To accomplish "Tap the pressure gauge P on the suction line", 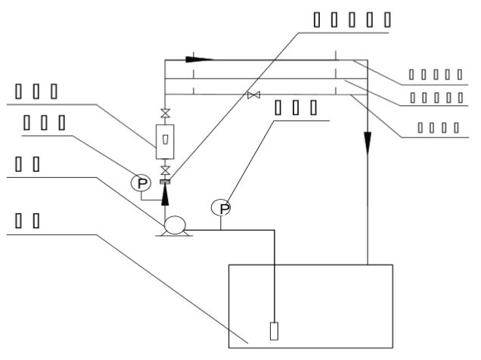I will pos(220,206).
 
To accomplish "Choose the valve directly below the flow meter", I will pos(165,169).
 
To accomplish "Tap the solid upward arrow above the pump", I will pos(165,195).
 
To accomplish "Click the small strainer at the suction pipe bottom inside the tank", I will pos(274,331).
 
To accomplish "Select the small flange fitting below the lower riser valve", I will pos(165,182).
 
